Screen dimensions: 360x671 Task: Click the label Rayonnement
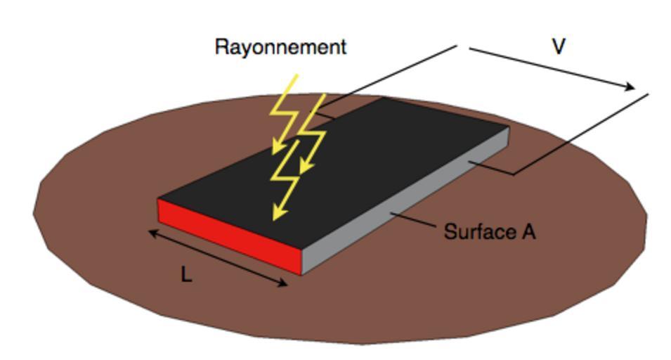pyautogui.click(x=280, y=47)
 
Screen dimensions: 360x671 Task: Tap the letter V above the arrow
pyautogui.click(x=559, y=46)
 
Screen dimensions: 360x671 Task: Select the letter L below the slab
pyautogui.click(x=185, y=276)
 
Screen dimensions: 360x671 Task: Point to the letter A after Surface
pyautogui.click(x=528, y=231)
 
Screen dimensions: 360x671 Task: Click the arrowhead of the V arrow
pyautogui.click(x=627, y=86)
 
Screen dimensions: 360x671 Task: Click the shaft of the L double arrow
pyautogui.click(x=218, y=259)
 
